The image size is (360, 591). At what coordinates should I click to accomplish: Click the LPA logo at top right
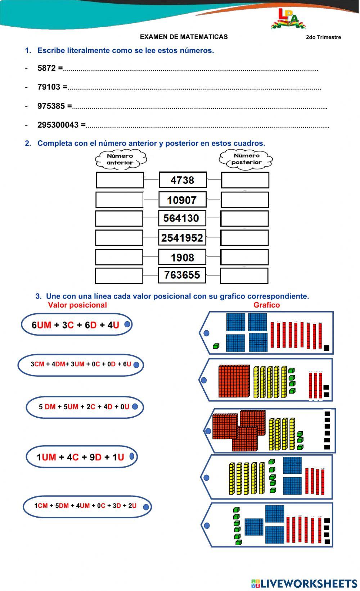288,19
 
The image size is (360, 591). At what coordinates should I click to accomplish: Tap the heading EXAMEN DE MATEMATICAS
184,37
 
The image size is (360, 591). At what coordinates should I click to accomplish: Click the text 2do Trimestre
323,37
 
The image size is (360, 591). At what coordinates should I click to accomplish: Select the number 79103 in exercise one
50,87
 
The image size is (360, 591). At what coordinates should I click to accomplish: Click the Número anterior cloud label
120,159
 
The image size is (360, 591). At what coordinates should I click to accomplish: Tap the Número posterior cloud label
246,159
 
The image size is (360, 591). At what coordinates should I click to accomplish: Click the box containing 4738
183,180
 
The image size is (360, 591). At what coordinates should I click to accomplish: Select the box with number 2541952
182,238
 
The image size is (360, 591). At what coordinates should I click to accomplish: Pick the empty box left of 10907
119,200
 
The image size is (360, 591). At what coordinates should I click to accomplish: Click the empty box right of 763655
244,276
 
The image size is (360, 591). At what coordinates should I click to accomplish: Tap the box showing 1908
182,257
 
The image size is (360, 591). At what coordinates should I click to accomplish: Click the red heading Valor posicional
77,305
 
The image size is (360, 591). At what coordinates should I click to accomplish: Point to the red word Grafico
266,305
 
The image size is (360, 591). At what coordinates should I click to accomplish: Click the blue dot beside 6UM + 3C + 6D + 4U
127,324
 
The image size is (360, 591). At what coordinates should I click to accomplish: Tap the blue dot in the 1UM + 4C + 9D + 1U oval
131,456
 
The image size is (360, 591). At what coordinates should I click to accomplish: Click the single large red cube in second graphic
234,381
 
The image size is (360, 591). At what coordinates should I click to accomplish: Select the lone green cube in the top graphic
216,346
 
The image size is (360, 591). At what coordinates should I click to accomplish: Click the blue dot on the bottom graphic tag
207,526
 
